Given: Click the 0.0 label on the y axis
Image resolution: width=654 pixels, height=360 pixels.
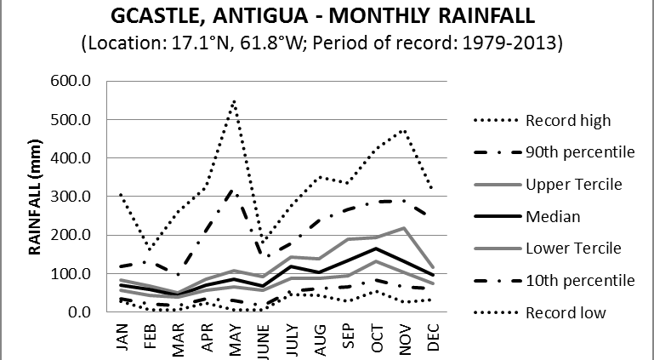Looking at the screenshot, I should coord(84,311).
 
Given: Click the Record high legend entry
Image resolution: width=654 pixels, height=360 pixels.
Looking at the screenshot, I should coord(566,120).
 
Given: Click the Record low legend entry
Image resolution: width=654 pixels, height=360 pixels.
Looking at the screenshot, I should coord(565,312).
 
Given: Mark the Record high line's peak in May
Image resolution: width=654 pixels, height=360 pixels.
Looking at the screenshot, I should coord(233,101).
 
